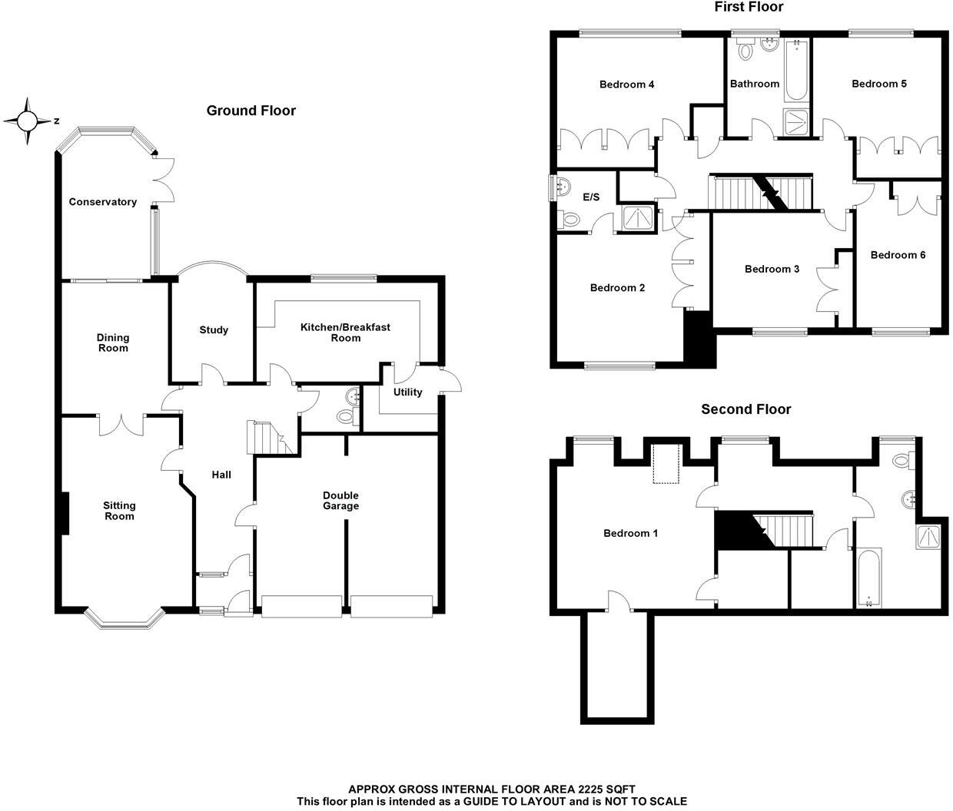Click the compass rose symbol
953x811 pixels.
click(x=28, y=121)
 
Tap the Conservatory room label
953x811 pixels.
click(x=103, y=202)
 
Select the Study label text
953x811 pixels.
click(x=214, y=330)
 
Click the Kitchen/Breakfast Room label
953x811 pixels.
click(x=345, y=333)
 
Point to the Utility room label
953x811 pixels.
click(x=407, y=392)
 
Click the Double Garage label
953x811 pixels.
click(x=340, y=501)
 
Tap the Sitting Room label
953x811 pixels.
click(x=119, y=511)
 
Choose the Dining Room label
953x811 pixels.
click(x=113, y=343)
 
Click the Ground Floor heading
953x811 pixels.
click(x=251, y=111)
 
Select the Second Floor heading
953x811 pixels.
click(x=745, y=409)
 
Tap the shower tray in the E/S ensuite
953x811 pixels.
click(x=636, y=219)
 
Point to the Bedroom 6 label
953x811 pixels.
click(x=898, y=255)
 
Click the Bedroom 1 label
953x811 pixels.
click(x=630, y=533)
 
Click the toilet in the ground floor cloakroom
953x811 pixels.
click(x=346, y=416)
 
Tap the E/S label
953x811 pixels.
click(x=591, y=197)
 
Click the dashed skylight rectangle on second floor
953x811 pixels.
click(x=665, y=464)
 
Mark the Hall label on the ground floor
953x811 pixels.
click(x=221, y=475)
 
